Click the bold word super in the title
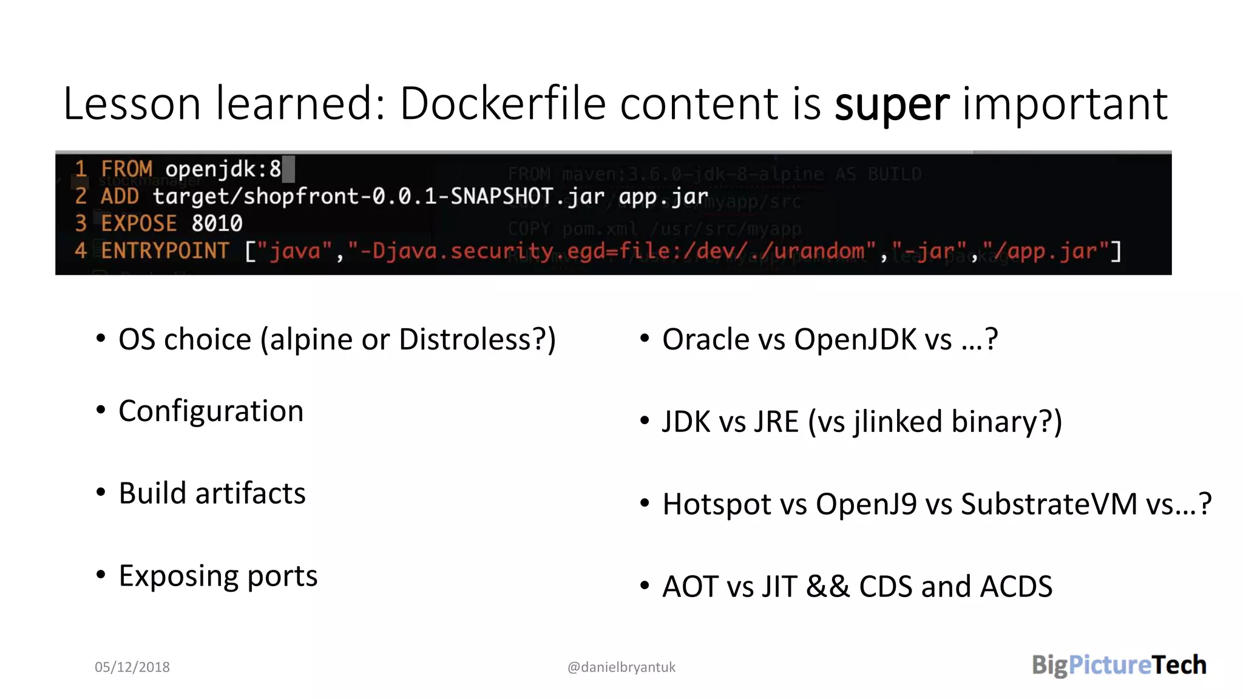[891, 104]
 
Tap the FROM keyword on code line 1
[126, 169]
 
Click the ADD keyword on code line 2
[120, 196]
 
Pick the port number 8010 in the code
[217, 223]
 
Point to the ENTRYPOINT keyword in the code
[164, 251]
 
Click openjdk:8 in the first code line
[223, 169]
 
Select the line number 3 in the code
[81, 223]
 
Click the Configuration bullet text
[211, 411]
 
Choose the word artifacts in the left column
[250, 493]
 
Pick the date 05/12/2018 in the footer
[132, 667]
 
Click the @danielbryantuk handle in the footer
[621, 667]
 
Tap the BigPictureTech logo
[1119, 665]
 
